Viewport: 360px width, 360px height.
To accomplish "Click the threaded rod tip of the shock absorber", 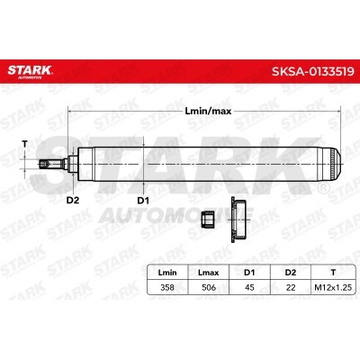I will pos(46,164).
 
